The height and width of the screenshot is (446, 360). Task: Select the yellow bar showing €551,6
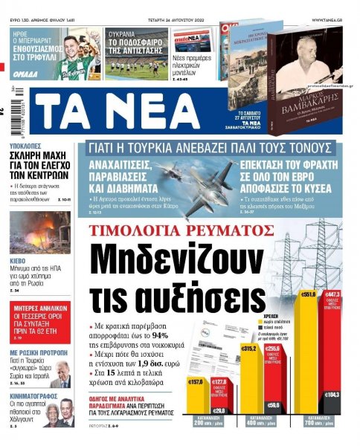pyautogui.click(x=309, y=349)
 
